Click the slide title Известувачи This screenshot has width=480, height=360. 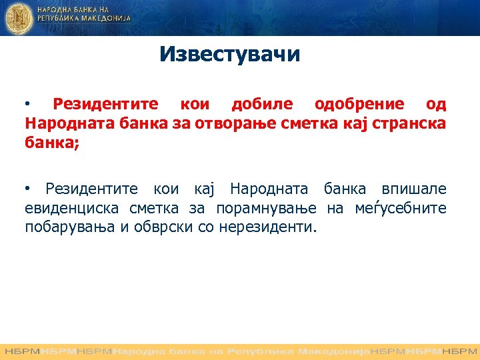[x=230, y=54]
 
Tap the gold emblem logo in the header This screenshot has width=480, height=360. [x=18, y=19]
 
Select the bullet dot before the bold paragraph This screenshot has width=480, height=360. [x=28, y=105]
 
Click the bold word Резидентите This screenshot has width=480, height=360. [x=105, y=104]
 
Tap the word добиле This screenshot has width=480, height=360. [x=261, y=104]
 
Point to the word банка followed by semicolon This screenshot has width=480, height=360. [x=52, y=142]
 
